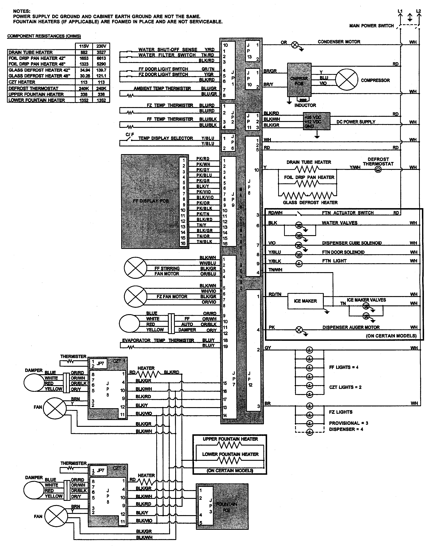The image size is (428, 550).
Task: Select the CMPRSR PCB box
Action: click(299, 80)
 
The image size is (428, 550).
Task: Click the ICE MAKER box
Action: click(305, 301)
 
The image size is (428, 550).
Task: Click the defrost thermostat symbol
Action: click(378, 170)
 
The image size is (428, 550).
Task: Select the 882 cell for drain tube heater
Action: click(84, 52)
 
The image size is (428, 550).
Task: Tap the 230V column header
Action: click(101, 46)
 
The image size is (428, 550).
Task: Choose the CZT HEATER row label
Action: click(22, 82)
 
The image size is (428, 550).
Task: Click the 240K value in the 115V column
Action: click(84, 88)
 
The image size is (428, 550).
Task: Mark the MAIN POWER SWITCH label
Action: click(371, 26)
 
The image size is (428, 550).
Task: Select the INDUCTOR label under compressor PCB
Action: click(305, 105)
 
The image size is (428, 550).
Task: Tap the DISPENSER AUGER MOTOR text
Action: click(351, 327)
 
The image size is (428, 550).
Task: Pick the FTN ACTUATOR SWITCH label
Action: click(348, 213)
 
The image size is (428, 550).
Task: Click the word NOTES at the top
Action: click(22, 11)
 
